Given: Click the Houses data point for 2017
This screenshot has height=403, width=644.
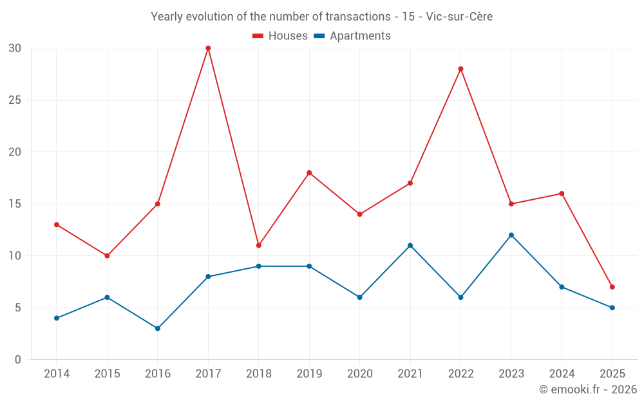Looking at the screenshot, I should (208, 48).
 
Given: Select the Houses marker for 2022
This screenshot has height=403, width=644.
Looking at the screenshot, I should (460, 69).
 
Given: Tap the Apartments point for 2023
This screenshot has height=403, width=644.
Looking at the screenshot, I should (511, 235).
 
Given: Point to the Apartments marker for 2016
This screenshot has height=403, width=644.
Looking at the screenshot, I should (158, 328).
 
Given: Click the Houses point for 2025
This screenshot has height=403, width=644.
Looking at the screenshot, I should (612, 287).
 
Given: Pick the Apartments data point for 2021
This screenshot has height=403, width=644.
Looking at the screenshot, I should (410, 246).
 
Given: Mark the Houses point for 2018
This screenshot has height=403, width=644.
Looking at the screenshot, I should (259, 246).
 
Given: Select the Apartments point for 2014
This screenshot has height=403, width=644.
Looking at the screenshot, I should (57, 318).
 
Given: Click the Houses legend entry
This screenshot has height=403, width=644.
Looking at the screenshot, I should (288, 36).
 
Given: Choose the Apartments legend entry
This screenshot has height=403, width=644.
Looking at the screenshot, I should (360, 36).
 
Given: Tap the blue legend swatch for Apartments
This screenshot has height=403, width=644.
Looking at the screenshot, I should (319, 36).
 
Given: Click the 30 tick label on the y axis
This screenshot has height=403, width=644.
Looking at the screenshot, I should (15, 48).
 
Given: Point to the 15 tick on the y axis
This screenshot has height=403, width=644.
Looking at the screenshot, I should (15, 204).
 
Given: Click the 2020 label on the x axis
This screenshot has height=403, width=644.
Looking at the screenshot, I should (359, 374).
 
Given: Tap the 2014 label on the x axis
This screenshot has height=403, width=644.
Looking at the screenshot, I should (57, 374).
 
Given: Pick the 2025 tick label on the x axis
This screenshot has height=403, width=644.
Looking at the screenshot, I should (612, 374).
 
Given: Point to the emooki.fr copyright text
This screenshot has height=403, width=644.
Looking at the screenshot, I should (588, 389).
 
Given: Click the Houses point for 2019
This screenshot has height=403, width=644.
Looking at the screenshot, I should (309, 173).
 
